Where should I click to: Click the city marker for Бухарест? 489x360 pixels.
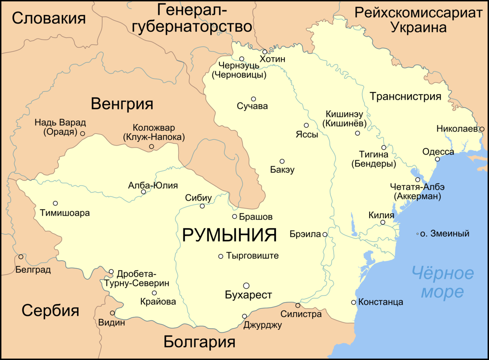246,286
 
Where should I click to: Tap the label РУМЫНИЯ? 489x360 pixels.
229,235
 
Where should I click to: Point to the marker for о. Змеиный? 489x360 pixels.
417,234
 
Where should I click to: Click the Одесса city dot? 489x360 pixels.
437,159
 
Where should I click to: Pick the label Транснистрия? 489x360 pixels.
405,97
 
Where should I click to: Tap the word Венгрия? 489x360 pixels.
122,104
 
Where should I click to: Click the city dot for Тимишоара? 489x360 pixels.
55,203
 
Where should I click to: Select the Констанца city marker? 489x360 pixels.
353,302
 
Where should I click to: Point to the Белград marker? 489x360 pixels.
21,256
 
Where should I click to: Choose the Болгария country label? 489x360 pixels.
200,342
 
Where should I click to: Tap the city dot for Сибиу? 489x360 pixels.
202,206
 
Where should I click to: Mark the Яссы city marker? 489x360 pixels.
306,125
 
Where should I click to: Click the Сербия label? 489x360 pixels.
51,311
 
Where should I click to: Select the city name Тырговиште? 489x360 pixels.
252,256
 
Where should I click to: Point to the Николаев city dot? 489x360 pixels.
481,129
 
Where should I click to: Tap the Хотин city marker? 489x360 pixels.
264,52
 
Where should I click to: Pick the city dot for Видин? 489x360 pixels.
112,313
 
